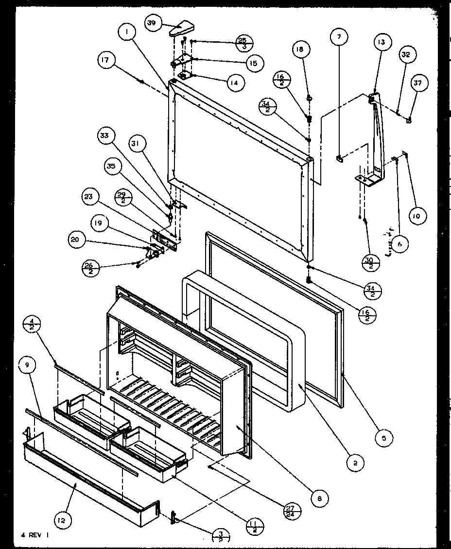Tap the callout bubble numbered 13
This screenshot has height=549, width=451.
coord(382,43)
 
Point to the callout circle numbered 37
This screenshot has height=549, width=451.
coord(419,83)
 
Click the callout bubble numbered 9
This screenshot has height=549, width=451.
coord(28,350)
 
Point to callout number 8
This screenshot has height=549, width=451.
coord(320,498)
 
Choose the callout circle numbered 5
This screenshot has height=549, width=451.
coord(384,438)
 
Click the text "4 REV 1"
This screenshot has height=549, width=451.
coord(35,534)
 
